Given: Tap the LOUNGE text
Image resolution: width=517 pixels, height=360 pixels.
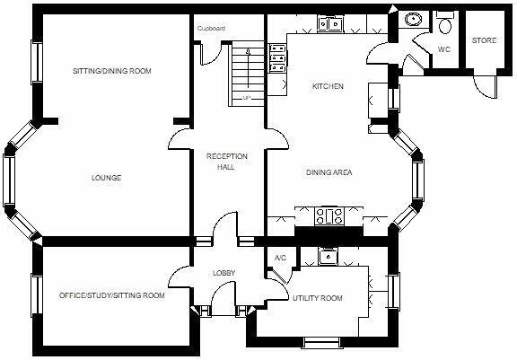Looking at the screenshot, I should pyautogui.click(x=106, y=178).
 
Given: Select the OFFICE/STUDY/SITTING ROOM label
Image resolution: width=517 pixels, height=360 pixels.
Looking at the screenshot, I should pyautogui.click(x=111, y=294).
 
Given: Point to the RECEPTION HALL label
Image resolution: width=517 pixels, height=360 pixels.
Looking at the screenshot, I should pyautogui.click(x=226, y=162).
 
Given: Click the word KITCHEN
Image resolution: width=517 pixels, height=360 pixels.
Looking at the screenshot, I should pyautogui.click(x=328, y=87).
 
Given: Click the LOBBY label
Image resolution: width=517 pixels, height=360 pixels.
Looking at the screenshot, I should pyautogui.click(x=223, y=273).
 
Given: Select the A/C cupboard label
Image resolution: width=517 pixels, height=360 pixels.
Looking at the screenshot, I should pyautogui.click(x=279, y=259).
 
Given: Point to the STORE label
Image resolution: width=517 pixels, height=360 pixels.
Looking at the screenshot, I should pyautogui.click(x=484, y=40).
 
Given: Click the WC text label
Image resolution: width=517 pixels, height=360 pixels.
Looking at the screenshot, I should pyautogui.click(x=443, y=49).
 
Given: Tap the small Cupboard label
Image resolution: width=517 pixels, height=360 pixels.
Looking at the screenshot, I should pyautogui.click(x=211, y=29).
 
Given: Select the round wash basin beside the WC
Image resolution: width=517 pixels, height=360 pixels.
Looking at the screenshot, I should pyautogui.click(x=415, y=20).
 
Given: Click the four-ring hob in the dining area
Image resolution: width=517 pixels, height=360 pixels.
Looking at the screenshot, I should pyautogui.click(x=328, y=215).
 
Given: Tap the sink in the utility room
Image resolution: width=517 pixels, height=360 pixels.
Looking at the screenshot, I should pyautogui.click(x=329, y=256).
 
